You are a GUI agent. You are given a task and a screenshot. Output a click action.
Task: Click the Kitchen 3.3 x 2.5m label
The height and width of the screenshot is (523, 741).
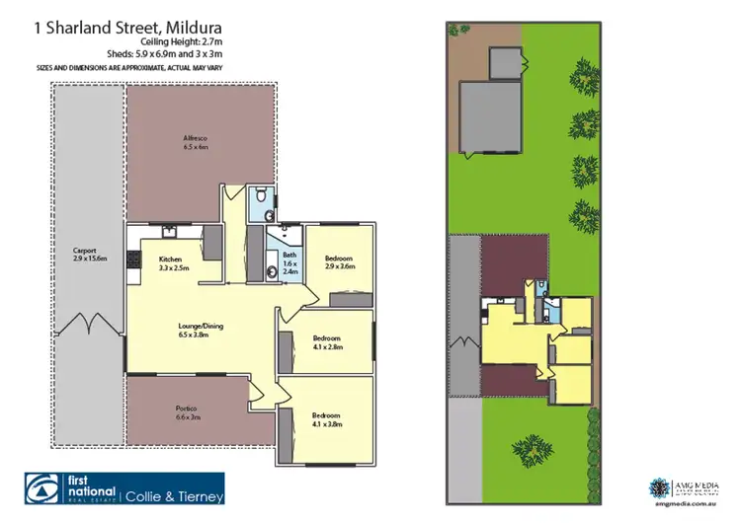(x=174, y=263)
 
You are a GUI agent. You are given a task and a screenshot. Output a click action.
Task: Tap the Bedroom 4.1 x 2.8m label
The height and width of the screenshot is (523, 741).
(x=326, y=342)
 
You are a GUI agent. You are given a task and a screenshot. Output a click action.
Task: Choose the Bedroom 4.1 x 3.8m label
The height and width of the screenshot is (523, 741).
(x=327, y=419)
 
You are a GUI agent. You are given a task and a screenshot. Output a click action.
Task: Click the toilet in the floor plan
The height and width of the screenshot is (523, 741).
(x=259, y=197)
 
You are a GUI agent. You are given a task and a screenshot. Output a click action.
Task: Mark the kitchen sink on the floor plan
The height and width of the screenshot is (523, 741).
(x=170, y=232)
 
